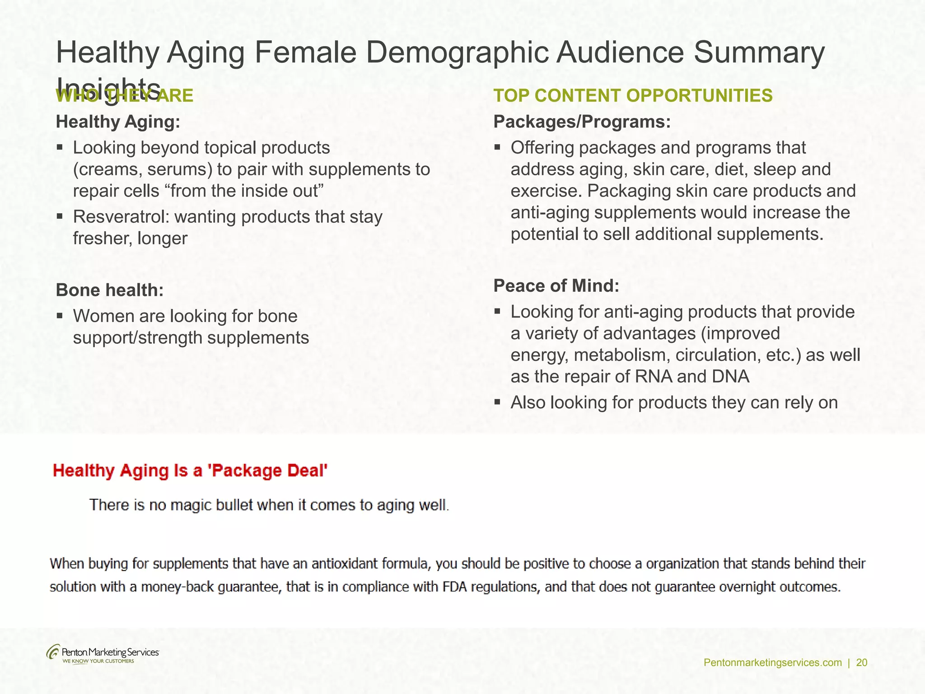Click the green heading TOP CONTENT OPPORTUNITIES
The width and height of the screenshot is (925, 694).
pyautogui.click(x=633, y=96)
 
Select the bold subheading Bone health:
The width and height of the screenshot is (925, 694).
pyautogui.click(x=109, y=290)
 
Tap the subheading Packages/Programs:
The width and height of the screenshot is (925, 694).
pyautogui.click(x=582, y=122)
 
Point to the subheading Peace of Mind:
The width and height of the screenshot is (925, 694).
pyautogui.click(x=556, y=286)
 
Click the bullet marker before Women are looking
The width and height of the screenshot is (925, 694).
pyautogui.click(x=60, y=315)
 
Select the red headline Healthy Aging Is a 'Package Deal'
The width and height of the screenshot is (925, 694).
pyautogui.click(x=190, y=471)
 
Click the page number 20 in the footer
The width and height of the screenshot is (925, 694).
pyautogui.click(x=862, y=663)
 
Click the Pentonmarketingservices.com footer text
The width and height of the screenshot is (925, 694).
pyautogui.click(x=772, y=663)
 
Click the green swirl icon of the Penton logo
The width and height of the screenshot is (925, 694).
pyautogui.click(x=53, y=652)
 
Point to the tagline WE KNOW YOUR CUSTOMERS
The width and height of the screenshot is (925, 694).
pyautogui.click(x=98, y=661)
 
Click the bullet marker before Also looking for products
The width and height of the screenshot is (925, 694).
pyautogui.click(x=497, y=402)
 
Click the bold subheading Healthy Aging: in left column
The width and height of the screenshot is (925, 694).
pyautogui.click(x=118, y=122)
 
